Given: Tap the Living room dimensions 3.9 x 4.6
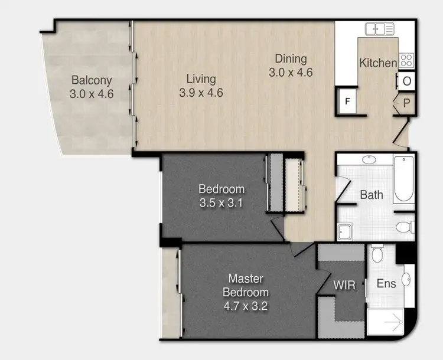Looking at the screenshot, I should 201,93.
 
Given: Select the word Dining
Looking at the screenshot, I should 291,58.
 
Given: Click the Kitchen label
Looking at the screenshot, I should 377,63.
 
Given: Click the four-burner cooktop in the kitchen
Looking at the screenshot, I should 406,60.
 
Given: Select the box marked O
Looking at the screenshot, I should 407,81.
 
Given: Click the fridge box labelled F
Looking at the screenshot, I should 348,101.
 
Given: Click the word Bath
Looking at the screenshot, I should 372,195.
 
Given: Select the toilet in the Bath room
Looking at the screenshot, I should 406,227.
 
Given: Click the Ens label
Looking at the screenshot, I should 386,284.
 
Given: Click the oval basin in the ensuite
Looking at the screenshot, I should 407,279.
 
